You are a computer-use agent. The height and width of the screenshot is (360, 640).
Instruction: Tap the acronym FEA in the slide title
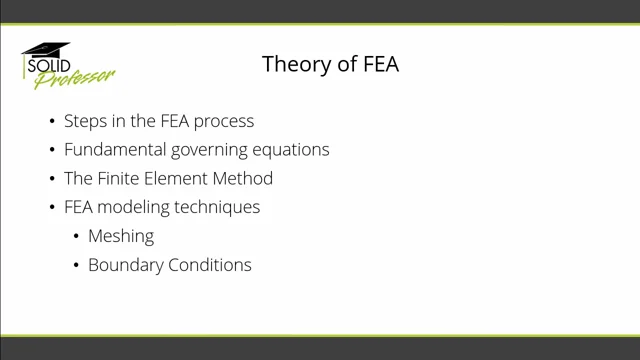pyautogui.click(x=378, y=65)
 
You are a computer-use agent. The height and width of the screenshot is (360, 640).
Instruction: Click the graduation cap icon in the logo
pyautogui.click(x=46, y=49)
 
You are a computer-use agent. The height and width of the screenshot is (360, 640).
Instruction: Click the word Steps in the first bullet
pyautogui.click(x=84, y=121)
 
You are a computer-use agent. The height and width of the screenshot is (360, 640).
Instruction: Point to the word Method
pyautogui.click(x=245, y=179)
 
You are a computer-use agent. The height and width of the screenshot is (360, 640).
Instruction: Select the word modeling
pyautogui.click(x=137, y=208)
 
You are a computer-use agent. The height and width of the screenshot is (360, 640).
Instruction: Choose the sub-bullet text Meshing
pyautogui.click(x=121, y=237)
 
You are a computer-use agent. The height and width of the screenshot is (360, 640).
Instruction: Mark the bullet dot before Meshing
pyautogui.click(x=77, y=237)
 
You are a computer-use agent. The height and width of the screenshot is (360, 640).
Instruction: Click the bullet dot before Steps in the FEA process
pyautogui.click(x=53, y=122)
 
